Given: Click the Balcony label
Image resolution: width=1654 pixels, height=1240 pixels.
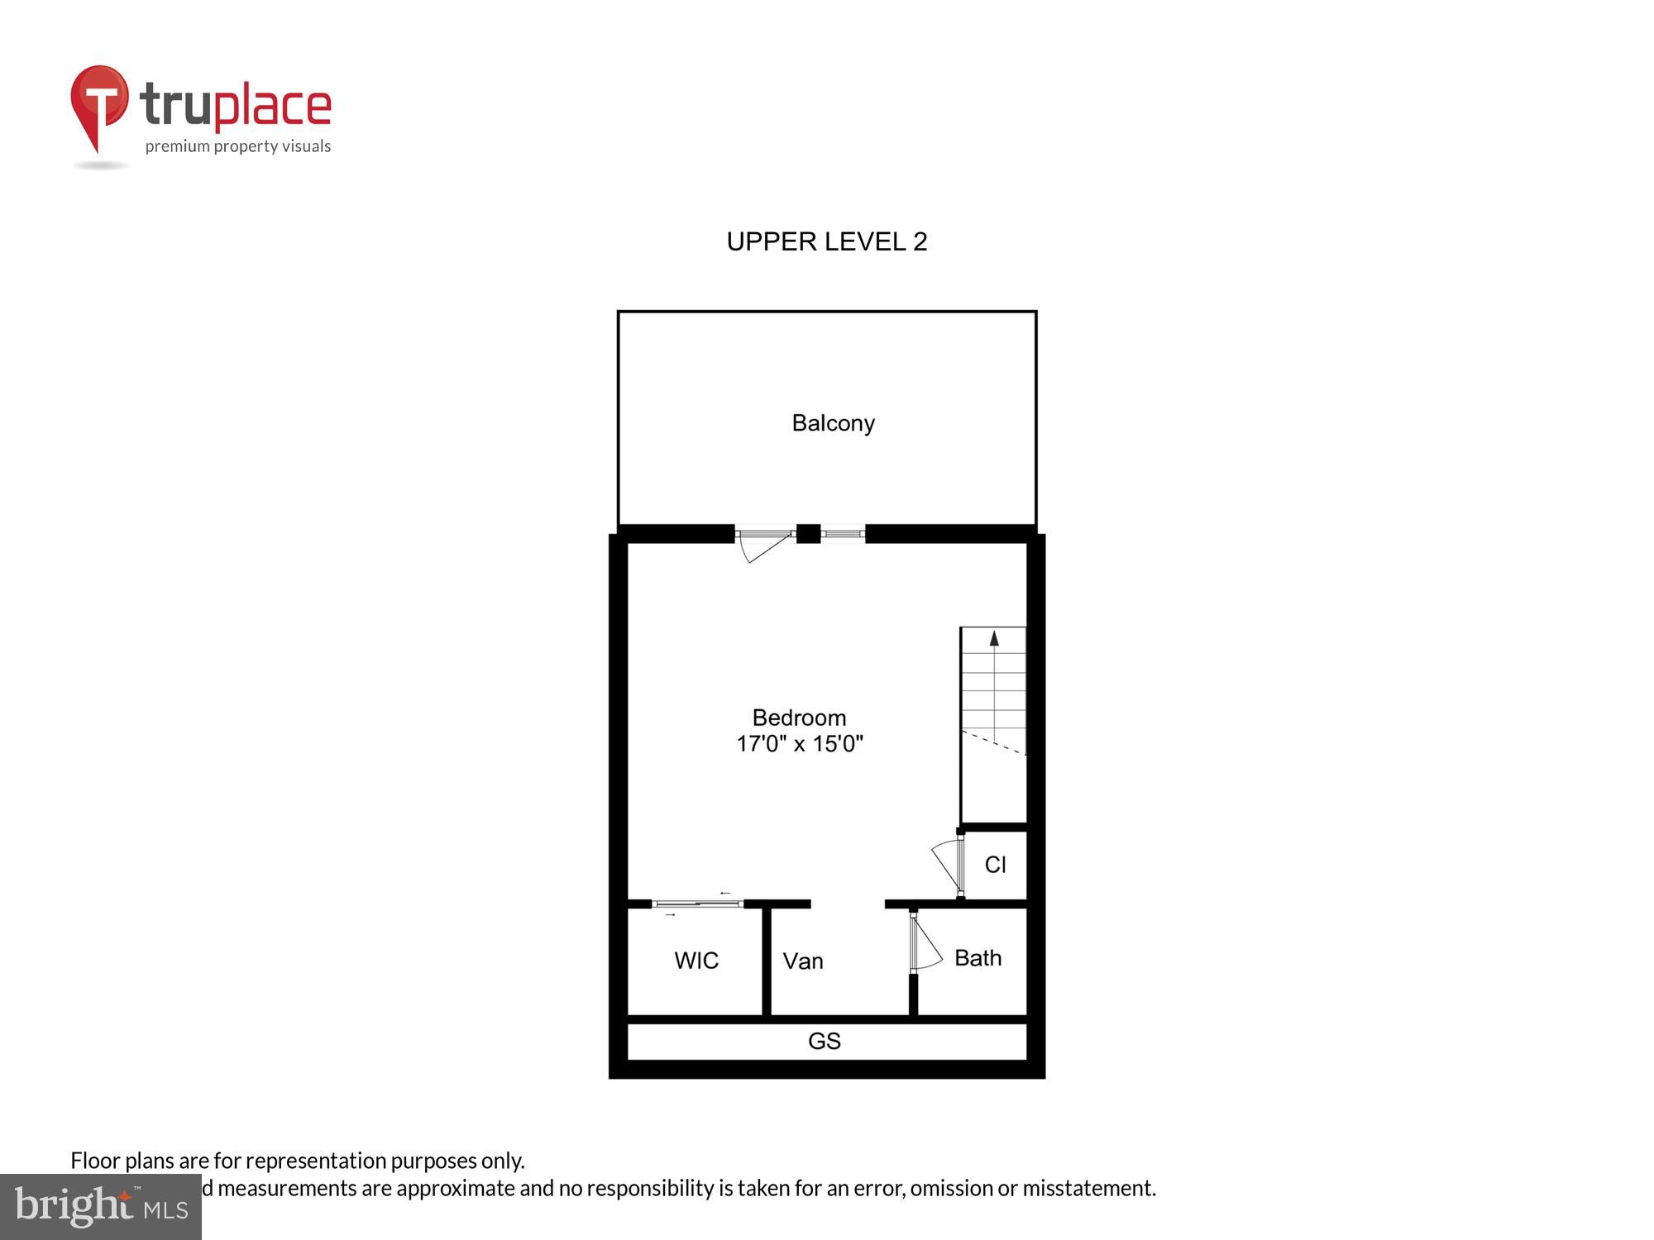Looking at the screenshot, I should (833, 423).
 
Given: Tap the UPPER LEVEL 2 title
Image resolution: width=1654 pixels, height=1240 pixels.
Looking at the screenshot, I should (826, 241).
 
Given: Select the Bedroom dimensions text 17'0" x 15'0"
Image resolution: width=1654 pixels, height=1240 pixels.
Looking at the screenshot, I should (799, 744).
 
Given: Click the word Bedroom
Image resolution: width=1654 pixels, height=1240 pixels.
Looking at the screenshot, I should (799, 718).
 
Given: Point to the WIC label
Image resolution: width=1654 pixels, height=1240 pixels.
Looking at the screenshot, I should (696, 961).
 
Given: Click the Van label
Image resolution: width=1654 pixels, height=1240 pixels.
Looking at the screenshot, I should (802, 961).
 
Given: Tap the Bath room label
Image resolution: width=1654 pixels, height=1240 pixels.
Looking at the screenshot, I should (978, 958).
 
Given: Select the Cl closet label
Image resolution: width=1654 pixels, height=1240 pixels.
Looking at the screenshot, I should (995, 865).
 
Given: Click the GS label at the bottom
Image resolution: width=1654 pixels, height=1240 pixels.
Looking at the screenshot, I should (824, 1041).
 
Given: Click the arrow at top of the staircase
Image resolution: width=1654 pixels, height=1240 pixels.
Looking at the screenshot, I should (994, 638).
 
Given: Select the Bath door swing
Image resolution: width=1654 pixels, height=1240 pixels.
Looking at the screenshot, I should (926, 942).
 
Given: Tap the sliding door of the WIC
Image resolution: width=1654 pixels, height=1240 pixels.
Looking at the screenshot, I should (697, 904).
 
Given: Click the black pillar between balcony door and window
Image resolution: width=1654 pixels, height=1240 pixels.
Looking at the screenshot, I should (808, 534).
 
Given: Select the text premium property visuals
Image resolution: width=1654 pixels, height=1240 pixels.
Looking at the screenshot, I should (237, 146).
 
